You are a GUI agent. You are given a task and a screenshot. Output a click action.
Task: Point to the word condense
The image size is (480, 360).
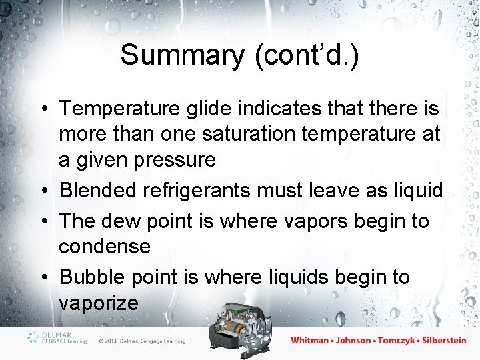[105, 246]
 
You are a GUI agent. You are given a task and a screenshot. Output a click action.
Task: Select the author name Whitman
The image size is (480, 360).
[310, 340]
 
